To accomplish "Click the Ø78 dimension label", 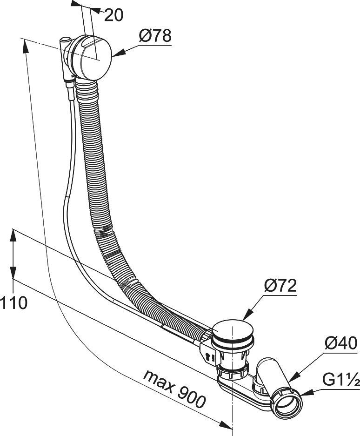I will pyautogui.click(x=155, y=35).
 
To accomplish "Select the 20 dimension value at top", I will pyautogui.click(x=113, y=15).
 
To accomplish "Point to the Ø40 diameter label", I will pyautogui.click(x=341, y=343).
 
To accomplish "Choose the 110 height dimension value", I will pyautogui.click(x=13, y=303).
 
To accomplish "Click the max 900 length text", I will pyautogui.click(x=174, y=389).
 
